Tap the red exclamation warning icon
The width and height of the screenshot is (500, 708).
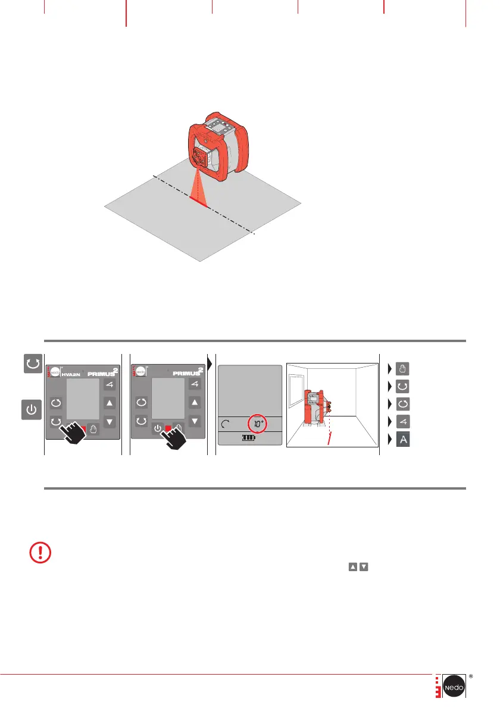(40, 553)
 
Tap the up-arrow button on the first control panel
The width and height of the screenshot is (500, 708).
(110, 403)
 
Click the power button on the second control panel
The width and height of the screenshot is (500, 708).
(157, 428)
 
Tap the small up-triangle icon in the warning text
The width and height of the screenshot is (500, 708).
(352, 567)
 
